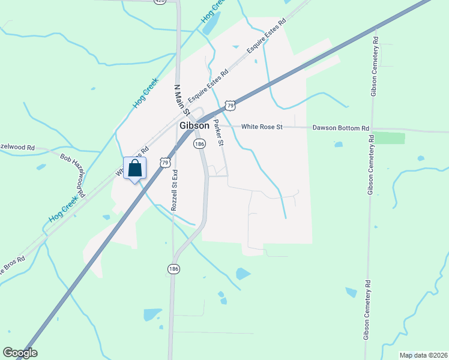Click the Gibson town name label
(x=194, y=126)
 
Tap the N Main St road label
(x=181, y=100)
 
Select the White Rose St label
(x=262, y=127)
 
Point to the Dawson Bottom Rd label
(x=341, y=128)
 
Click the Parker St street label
(x=218, y=133)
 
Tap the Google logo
(x=20, y=353)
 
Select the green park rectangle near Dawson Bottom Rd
(x=389, y=139)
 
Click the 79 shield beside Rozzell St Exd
(x=165, y=162)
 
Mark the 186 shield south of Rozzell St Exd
(x=174, y=269)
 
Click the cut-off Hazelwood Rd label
(x=18, y=147)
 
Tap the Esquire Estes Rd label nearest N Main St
(x=208, y=86)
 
